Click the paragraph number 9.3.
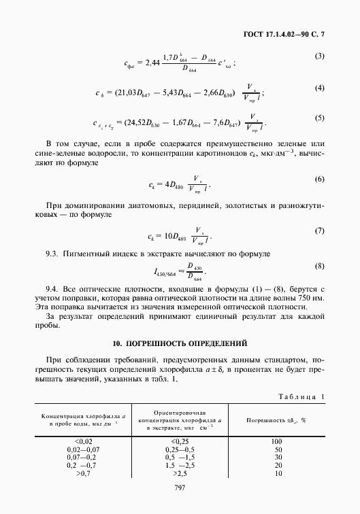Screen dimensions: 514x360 pyautogui.click(x=54, y=254)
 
